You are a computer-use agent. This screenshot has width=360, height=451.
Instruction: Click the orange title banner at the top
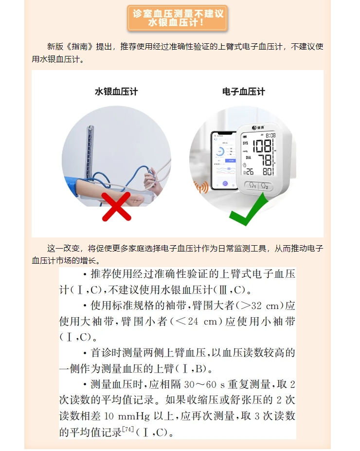(x=178, y=18)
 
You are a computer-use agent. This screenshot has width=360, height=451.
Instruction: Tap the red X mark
(x=116, y=206)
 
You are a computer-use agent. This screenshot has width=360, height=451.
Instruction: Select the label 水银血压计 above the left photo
(x=116, y=91)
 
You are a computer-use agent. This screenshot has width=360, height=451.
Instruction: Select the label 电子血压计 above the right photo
(x=244, y=91)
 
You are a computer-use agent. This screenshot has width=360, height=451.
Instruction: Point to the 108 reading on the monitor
(x=262, y=146)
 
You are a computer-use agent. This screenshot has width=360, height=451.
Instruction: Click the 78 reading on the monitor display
(x=265, y=160)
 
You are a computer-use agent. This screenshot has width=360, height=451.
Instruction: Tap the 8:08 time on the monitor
(x=270, y=135)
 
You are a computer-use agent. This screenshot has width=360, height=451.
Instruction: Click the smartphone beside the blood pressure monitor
(x=224, y=161)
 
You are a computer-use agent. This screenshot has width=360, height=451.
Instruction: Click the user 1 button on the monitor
(x=252, y=185)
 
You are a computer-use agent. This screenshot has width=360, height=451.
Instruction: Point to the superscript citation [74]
(x=128, y=430)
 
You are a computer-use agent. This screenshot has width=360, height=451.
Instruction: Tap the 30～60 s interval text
(x=204, y=384)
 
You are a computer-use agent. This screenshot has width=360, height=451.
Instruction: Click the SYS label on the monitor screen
(x=245, y=143)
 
